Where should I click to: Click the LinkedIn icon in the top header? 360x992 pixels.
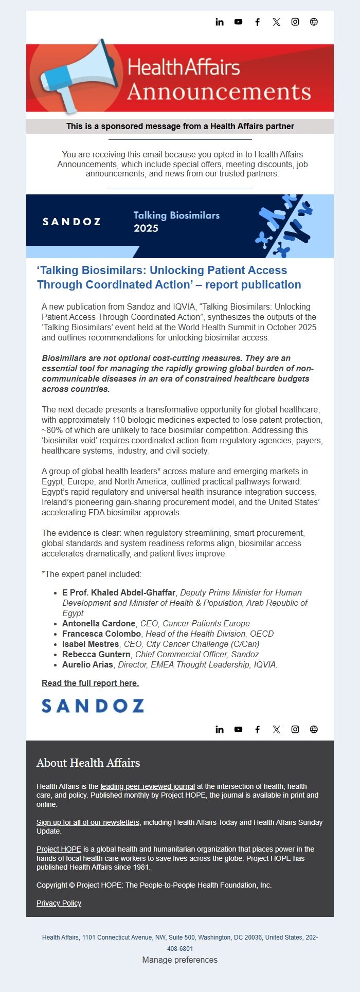click(x=220, y=22)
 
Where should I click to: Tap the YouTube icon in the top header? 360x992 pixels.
click(x=238, y=22)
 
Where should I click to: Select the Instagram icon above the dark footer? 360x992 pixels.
click(x=295, y=729)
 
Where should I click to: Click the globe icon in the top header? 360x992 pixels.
click(x=314, y=22)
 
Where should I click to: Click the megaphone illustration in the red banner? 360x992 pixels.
click(x=77, y=76)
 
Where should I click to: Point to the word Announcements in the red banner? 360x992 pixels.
click(x=219, y=92)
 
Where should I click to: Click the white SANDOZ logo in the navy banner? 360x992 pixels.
click(x=71, y=222)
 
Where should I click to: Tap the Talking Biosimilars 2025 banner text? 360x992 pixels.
click(x=176, y=222)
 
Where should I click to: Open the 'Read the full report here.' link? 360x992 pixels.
click(x=90, y=683)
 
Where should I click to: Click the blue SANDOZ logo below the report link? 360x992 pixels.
click(x=93, y=706)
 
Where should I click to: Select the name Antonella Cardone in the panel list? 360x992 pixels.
click(x=99, y=623)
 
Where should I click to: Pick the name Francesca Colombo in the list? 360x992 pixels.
click(x=101, y=634)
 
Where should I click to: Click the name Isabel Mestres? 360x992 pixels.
click(x=91, y=644)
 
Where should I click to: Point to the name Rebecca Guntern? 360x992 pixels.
click(x=96, y=654)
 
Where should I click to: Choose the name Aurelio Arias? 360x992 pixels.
click(x=87, y=664)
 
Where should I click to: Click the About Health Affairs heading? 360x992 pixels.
click(x=88, y=763)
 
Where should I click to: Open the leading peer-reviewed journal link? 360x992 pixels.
click(x=148, y=786)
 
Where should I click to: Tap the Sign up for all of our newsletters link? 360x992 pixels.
click(x=88, y=822)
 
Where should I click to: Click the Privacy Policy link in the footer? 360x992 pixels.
click(x=59, y=903)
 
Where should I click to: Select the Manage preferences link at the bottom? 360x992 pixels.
click(x=180, y=960)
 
